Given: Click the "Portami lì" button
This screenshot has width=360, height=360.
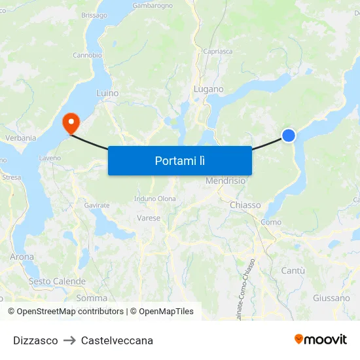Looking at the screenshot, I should [179, 160].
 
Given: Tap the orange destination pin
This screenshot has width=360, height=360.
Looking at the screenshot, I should [69, 122].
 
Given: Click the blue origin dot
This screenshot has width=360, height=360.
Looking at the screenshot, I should [289, 135].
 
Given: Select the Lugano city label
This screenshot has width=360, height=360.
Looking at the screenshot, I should [208, 89].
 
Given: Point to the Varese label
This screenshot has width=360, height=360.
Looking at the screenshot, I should [149, 218].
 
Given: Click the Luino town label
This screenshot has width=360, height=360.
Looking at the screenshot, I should [107, 93].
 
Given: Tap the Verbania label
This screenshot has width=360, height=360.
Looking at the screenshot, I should [20, 138].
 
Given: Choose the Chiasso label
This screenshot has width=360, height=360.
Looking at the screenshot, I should [245, 205].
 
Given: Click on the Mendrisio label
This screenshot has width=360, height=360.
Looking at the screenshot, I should [225, 181].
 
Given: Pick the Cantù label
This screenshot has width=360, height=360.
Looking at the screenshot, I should [293, 270].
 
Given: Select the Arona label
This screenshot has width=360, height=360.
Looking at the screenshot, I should [22, 257].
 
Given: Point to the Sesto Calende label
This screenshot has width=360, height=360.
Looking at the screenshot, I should [57, 281].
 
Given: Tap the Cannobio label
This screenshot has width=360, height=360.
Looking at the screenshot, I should [87, 55].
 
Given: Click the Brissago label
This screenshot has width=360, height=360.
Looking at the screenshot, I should [94, 14].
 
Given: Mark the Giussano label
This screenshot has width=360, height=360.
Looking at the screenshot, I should [331, 298].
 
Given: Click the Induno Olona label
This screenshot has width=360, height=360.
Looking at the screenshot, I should [154, 198].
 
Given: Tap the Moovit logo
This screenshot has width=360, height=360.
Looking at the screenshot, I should [320, 339].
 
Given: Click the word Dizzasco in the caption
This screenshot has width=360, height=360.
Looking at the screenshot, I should [35, 340].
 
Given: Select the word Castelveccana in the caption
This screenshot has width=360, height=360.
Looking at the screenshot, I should [117, 340].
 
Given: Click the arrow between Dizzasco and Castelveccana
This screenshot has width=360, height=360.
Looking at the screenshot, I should [69, 340].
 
